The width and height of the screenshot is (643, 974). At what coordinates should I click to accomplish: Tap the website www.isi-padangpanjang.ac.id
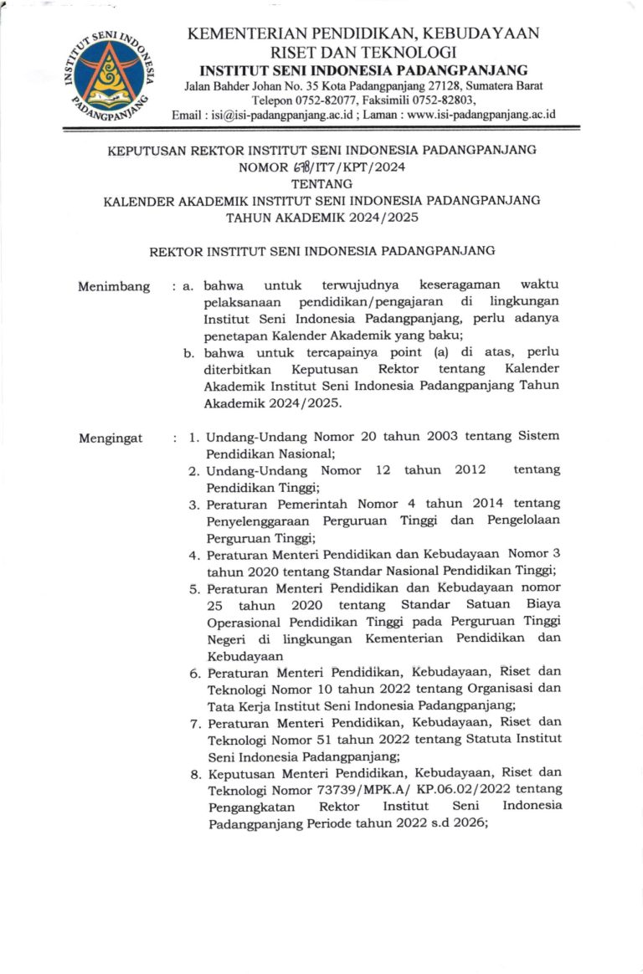click(476, 115)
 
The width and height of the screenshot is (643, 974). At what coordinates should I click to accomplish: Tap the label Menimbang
click(114, 287)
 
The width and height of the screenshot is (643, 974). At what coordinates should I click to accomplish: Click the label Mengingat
click(111, 438)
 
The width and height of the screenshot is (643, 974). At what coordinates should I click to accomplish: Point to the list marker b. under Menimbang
click(189, 353)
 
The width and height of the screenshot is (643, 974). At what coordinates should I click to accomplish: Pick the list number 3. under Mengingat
click(193, 505)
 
